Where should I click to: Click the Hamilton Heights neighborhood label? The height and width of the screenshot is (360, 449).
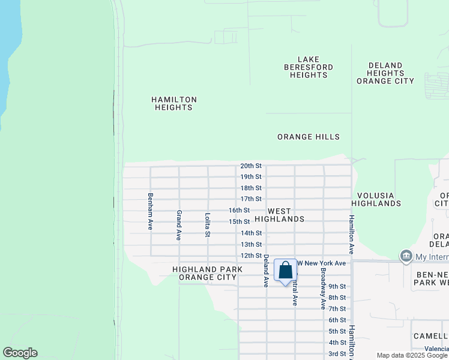pyautogui.click(x=173, y=104)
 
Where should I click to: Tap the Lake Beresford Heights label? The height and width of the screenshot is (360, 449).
pyautogui.click(x=309, y=67)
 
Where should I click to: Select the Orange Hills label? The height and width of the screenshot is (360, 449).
pyautogui.click(x=309, y=137)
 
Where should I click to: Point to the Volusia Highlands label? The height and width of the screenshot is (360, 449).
pyautogui.click(x=379, y=199)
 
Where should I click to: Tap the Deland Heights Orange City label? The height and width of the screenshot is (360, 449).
pyautogui.click(x=385, y=73)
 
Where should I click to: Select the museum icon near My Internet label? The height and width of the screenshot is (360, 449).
pyautogui.click(x=406, y=257)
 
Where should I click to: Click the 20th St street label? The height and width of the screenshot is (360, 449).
pyautogui.click(x=251, y=166)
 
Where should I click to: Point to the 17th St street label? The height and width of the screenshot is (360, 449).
pyautogui.click(x=251, y=199)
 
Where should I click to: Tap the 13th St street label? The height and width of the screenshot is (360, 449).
pyautogui.click(x=251, y=244)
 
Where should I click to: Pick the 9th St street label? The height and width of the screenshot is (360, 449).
pyautogui.click(x=337, y=286)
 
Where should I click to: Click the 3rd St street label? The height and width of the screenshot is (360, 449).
pyautogui.click(x=337, y=353)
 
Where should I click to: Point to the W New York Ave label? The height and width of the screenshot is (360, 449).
pyautogui.click(x=322, y=263)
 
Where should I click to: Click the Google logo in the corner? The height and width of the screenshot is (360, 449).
pyautogui.click(x=20, y=353)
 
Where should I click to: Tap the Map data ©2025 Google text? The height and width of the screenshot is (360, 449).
pyautogui.click(x=411, y=355)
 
